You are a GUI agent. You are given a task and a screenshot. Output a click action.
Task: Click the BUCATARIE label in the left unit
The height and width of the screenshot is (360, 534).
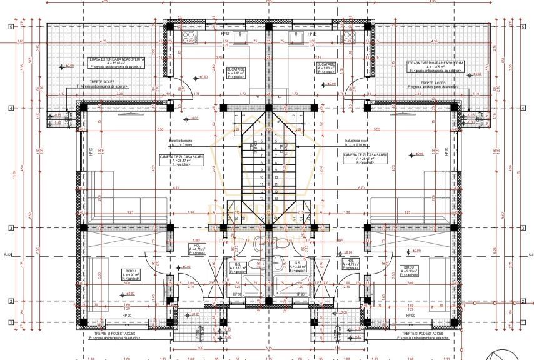pos(236,69)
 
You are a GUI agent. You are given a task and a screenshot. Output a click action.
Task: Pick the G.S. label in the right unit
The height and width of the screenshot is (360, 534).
pos(298,264)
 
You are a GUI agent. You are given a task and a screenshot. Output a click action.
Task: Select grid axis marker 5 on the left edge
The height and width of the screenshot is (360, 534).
pos(11,27)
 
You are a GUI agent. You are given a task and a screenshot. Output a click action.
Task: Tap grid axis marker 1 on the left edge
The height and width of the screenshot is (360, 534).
pos(11,322)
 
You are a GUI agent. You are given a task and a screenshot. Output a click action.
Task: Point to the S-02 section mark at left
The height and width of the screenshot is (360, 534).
pos(8,255)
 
